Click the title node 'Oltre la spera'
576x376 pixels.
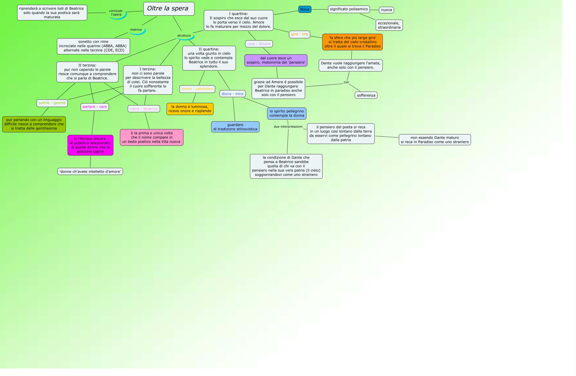coord(169,9)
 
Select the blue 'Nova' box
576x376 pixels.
coord(305,9)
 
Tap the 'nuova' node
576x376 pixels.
coord(386,10)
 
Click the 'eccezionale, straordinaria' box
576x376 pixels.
coord(389,25)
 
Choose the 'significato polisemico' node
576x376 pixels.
coord(349,9)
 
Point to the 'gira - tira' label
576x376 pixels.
coord(299,34)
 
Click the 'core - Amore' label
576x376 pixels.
coord(259,44)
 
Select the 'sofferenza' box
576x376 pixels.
coord(366,95)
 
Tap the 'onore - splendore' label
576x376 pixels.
coord(197,89)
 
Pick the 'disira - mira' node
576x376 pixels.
coord(232,94)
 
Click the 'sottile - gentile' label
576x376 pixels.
coord(52,103)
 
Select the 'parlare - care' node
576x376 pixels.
coord(94,107)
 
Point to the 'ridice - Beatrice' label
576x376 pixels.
coord(144,109)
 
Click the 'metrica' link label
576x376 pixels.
coord(136,30)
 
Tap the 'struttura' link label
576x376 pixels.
coord(184,35)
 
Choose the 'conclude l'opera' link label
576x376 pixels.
coord(116,13)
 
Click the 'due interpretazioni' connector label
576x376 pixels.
coord(288,127)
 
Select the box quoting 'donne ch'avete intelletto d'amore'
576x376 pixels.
coord(90,171)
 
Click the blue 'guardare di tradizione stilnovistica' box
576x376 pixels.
coord(235,127)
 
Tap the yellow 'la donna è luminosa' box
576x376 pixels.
coord(190,109)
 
